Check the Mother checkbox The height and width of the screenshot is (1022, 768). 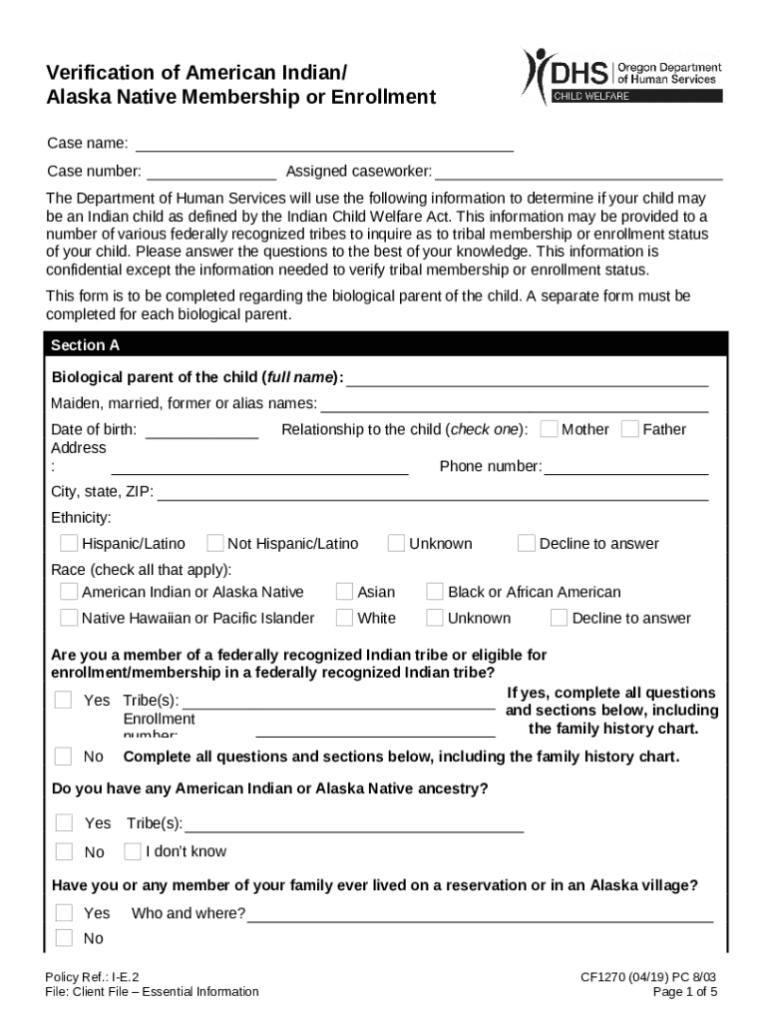(x=549, y=429)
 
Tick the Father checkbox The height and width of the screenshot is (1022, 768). (x=629, y=429)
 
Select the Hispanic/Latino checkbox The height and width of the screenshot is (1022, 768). (x=69, y=543)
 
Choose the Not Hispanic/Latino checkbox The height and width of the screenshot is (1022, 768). (x=214, y=543)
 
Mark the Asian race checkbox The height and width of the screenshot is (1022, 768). (x=344, y=592)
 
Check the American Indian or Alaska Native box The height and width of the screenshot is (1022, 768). (x=69, y=592)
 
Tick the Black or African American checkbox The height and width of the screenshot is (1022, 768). (x=435, y=592)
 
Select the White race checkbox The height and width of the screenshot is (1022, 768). (x=344, y=618)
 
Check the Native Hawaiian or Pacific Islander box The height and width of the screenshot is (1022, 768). (x=69, y=618)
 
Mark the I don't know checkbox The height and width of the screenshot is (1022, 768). (x=133, y=851)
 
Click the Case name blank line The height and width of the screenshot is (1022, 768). (x=324, y=145)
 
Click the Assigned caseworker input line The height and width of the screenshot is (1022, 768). (x=577, y=172)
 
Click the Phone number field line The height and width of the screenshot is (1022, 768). (x=625, y=467)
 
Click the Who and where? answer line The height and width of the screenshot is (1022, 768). (x=480, y=914)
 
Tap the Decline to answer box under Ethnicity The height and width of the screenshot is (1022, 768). (x=526, y=543)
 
